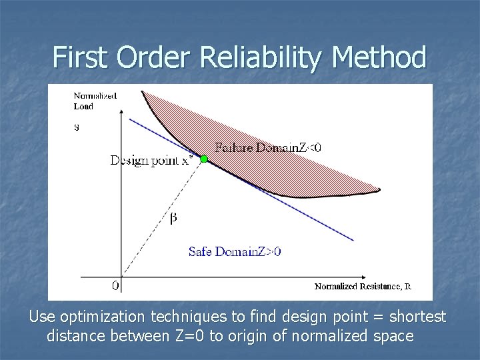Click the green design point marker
tap(204, 159)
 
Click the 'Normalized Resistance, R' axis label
tap(363, 287)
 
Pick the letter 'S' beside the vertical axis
tap(76, 128)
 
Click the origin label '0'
tap(115, 286)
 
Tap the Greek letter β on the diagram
tap(173, 217)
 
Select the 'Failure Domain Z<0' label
tap(267, 147)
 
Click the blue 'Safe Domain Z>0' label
tap(235, 251)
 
